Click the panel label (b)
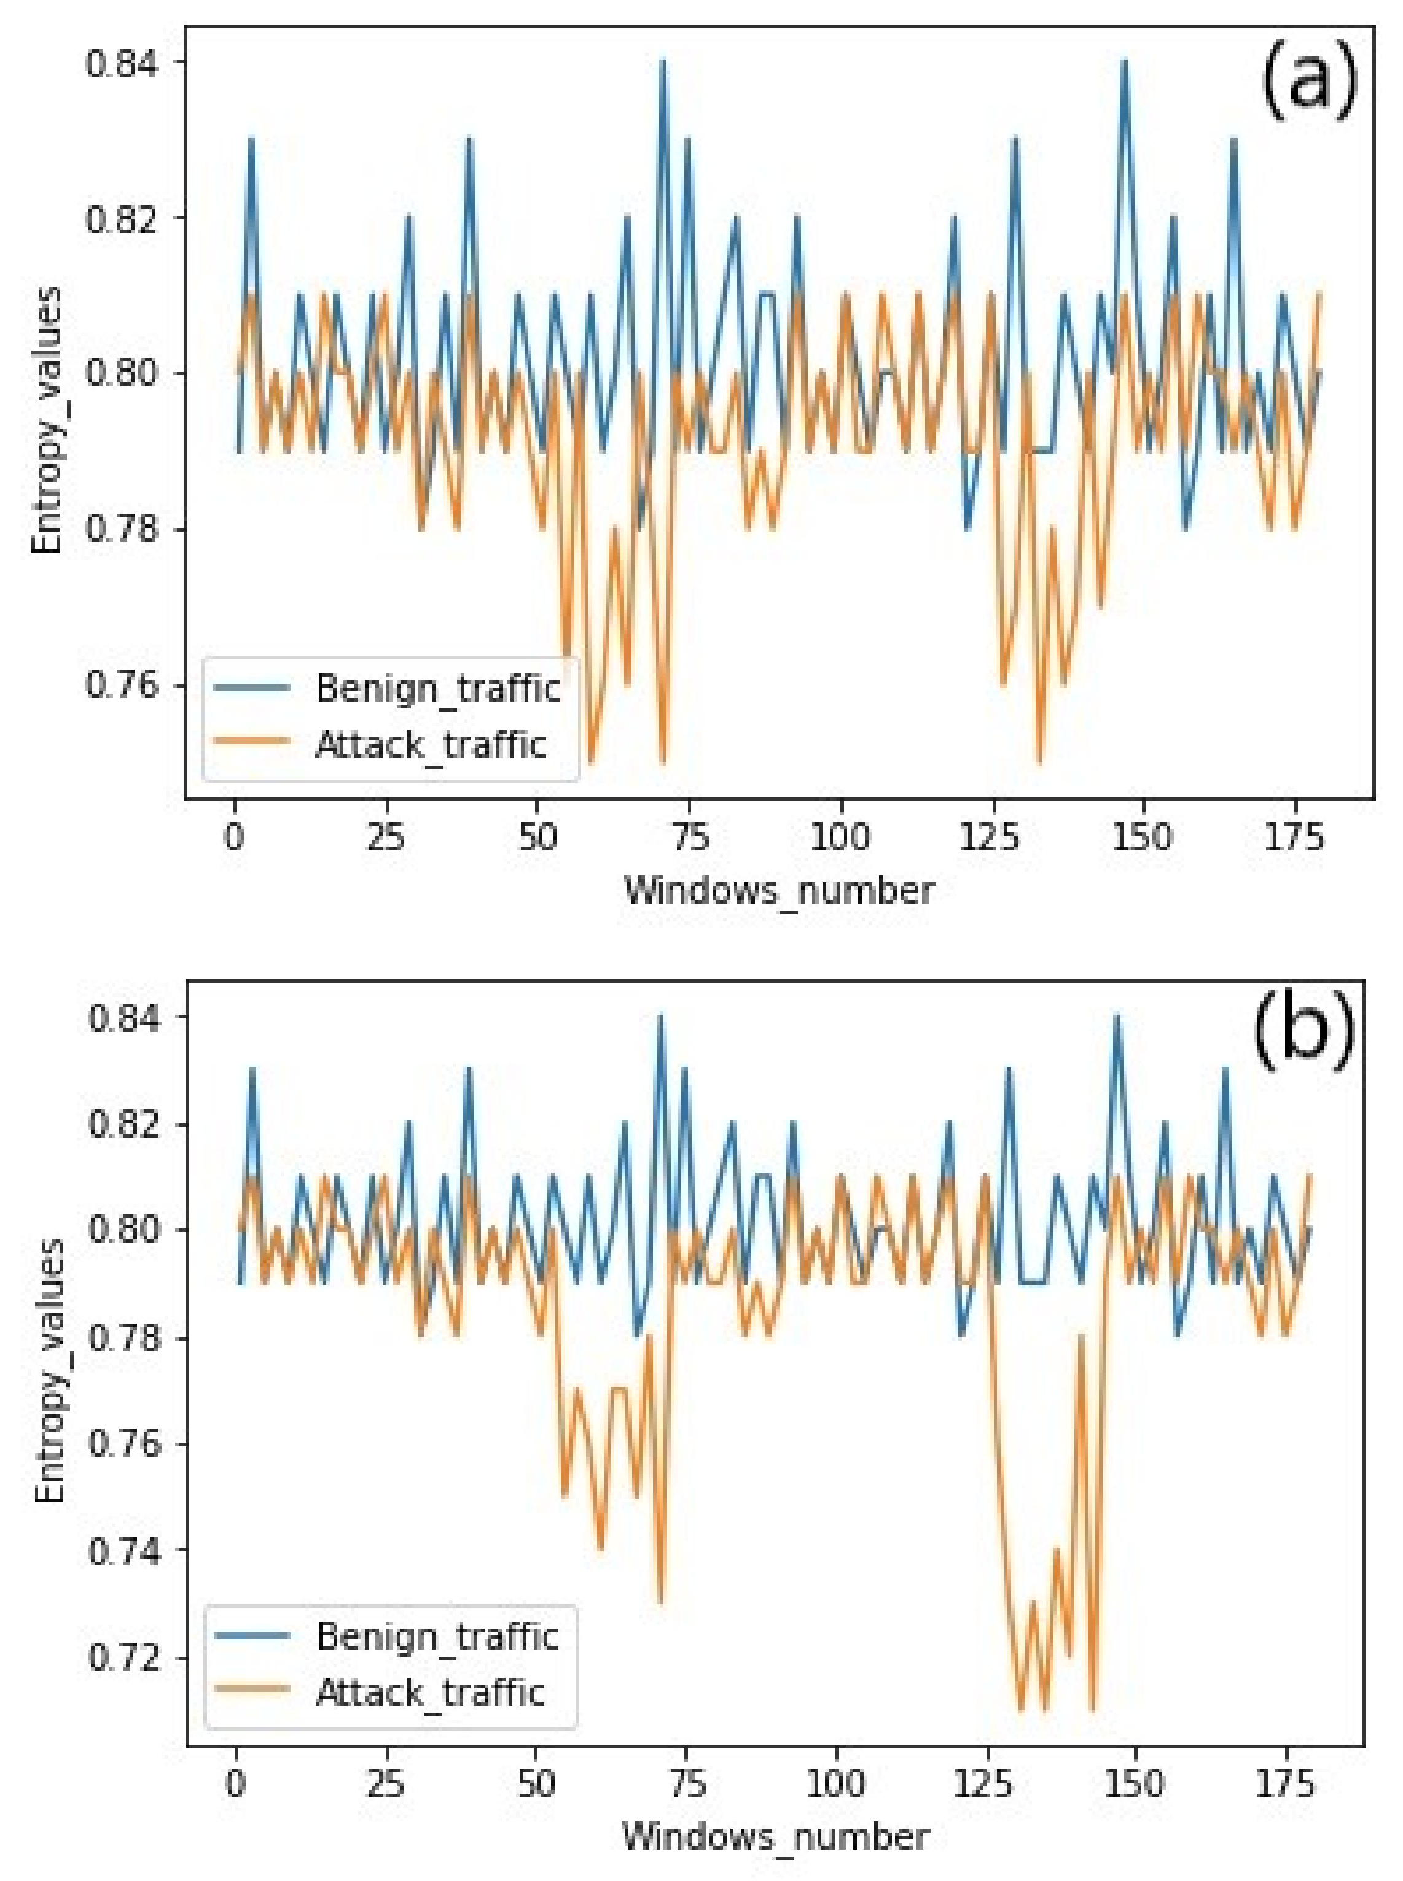click(1303, 1033)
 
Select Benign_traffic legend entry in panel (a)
click(437, 688)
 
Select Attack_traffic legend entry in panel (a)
click(431, 745)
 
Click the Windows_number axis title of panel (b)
click(775, 1837)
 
